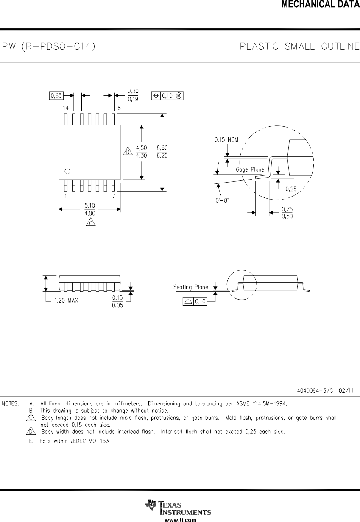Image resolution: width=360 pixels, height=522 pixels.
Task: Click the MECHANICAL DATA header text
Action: tap(321, 5)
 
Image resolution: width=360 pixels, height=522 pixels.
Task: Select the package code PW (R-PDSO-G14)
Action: tap(48, 46)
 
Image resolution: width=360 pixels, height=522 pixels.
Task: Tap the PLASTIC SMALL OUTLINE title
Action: tap(299, 46)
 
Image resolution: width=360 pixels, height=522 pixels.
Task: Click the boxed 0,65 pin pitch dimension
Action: tap(56, 96)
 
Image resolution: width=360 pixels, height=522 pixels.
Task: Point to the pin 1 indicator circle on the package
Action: tap(67, 171)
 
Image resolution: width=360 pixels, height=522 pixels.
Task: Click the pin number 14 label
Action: tap(66, 108)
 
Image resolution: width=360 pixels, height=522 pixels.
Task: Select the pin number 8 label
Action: tap(119, 108)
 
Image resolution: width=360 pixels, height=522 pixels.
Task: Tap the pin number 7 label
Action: tap(114, 196)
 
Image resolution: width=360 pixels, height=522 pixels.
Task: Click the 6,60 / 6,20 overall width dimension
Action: tap(162, 151)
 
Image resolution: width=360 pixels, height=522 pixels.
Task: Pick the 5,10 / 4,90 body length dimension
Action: tap(90, 209)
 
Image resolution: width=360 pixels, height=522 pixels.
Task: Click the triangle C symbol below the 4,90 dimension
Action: tap(90, 222)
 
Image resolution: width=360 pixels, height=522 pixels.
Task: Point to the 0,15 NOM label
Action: tap(226, 139)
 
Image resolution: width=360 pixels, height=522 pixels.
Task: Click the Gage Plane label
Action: tap(250, 169)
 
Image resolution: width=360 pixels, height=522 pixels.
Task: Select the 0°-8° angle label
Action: tap(221, 200)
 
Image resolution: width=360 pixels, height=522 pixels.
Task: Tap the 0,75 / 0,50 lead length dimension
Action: tap(287, 213)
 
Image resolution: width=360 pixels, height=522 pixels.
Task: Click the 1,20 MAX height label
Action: tap(66, 300)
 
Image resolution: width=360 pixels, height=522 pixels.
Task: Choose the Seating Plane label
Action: tap(191, 287)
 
